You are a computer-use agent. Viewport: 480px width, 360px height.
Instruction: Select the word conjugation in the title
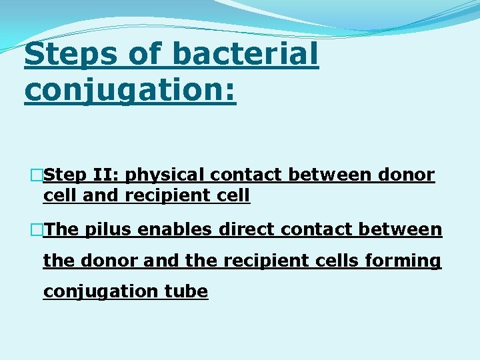click(x=131, y=90)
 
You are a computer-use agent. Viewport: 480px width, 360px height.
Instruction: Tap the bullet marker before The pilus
click(x=37, y=230)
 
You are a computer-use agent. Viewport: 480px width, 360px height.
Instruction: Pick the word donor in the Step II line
click(x=405, y=175)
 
